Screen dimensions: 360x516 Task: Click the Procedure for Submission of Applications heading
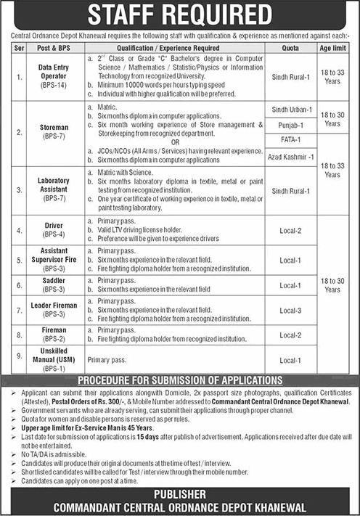pos(180,380)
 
